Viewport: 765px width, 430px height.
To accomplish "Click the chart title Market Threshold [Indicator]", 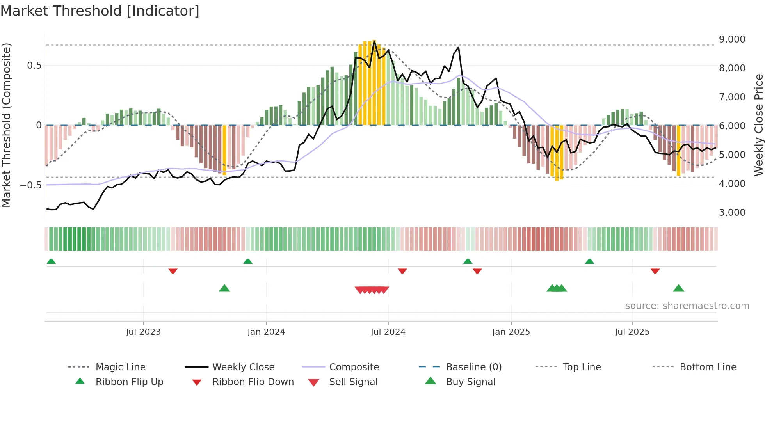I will pyautogui.click(x=100, y=11).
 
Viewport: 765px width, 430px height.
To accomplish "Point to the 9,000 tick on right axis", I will pyautogui.click(x=732, y=39).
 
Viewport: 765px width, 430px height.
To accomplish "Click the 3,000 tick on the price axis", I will pyautogui.click(x=732, y=213).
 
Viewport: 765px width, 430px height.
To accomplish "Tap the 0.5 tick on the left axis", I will pyautogui.click(x=34, y=66).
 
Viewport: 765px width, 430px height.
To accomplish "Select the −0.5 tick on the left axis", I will pyautogui.click(x=30, y=185).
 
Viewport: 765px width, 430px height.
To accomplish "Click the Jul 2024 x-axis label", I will pyautogui.click(x=388, y=332).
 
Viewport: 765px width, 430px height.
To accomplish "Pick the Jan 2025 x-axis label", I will pyautogui.click(x=511, y=332).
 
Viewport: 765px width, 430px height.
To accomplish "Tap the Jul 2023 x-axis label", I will pyautogui.click(x=143, y=332).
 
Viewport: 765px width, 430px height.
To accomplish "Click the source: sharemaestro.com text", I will pyautogui.click(x=687, y=306).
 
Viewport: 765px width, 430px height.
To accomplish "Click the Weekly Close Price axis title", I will pyautogui.click(x=758, y=125).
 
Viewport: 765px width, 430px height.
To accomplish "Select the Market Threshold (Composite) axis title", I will pyautogui.click(x=6, y=125).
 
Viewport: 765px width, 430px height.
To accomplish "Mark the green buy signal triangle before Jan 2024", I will pyautogui.click(x=224, y=288).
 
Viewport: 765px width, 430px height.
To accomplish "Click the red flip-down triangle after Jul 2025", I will pyautogui.click(x=655, y=271).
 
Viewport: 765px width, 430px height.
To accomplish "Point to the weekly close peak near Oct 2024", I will pyautogui.click(x=458, y=48).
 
